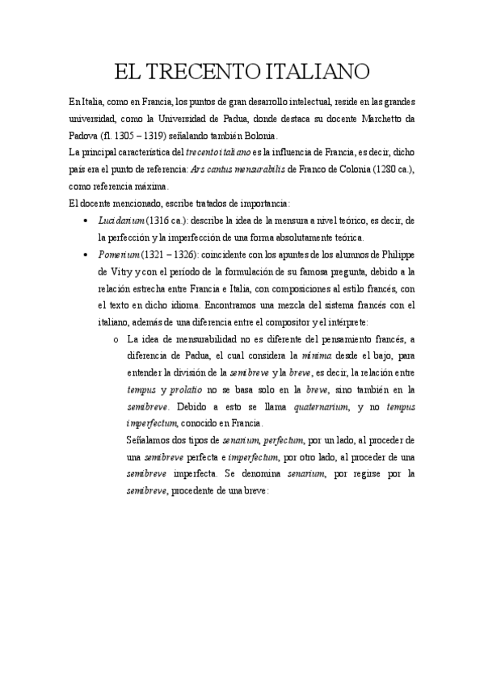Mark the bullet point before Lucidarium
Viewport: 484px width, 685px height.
point(86,221)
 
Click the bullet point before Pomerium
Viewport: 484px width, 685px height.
point(86,254)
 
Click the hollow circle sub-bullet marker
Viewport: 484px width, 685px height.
point(117,339)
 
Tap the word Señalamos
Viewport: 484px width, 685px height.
point(152,441)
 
